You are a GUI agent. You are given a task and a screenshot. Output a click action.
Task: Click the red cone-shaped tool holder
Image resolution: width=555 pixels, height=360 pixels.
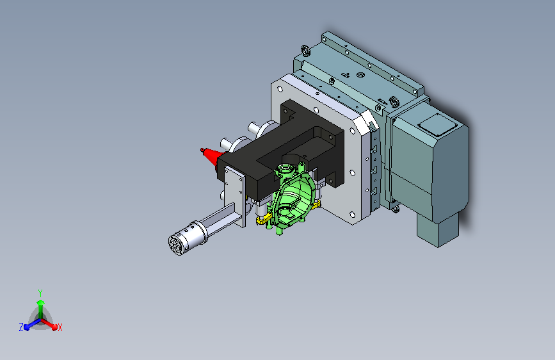click(x=212, y=157)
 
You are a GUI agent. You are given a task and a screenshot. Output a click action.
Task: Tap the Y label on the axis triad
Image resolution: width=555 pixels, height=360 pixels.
click(x=40, y=293)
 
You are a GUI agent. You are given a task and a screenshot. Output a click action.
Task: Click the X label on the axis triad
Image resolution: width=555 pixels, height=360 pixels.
click(x=60, y=328)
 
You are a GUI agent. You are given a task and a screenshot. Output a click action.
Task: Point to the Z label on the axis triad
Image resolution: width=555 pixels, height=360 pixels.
click(x=21, y=327)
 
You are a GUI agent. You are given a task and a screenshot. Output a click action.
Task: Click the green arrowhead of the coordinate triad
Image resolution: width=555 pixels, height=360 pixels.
click(x=41, y=303)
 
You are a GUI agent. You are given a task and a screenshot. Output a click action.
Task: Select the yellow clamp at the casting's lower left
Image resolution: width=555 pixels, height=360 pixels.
click(x=264, y=219)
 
